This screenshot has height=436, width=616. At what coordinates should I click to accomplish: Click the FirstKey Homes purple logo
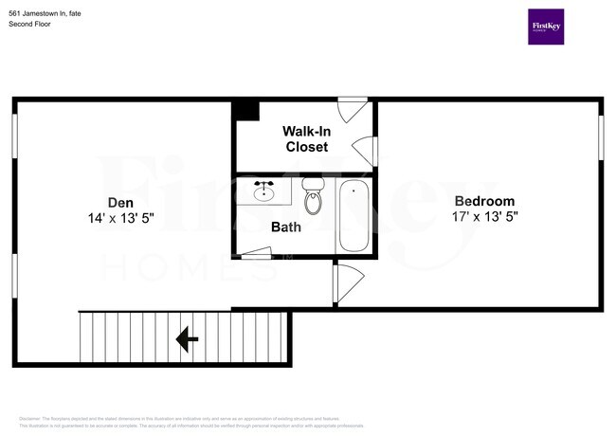point(546,27)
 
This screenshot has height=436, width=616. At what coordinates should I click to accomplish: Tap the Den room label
point(120,202)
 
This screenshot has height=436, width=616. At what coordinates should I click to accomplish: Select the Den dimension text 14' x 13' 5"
point(120,218)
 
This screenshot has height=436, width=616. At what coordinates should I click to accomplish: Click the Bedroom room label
point(484,201)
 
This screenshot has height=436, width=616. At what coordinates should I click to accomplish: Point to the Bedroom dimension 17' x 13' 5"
point(484,216)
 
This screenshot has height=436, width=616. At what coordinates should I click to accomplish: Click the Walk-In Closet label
point(306,138)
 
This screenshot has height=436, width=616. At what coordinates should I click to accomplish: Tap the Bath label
point(285,227)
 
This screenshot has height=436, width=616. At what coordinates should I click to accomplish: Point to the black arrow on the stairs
point(187,336)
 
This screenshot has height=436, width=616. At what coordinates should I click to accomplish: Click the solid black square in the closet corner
point(246,110)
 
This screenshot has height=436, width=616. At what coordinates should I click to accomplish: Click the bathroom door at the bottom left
point(255,252)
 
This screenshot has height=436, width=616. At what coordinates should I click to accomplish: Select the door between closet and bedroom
point(365,151)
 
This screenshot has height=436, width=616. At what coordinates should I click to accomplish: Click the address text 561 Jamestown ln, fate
point(45,11)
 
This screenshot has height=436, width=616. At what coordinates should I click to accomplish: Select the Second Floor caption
point(30,24)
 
